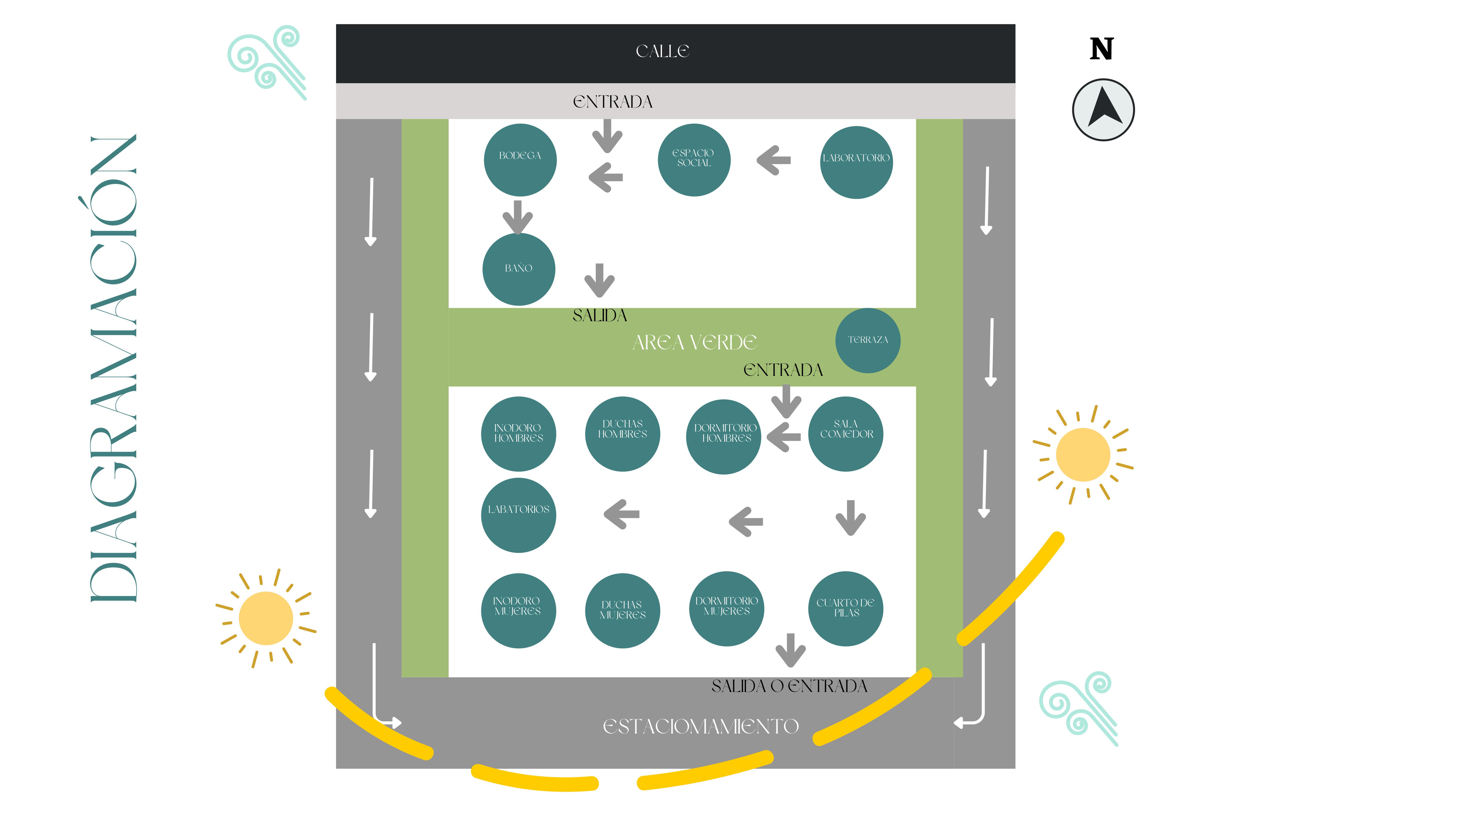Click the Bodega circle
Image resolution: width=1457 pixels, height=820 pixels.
[520, 160]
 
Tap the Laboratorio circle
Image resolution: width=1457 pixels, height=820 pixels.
[856, 162]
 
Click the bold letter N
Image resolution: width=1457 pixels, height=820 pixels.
[1101, 49]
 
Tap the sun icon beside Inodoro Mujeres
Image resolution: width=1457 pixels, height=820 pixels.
[266, 618]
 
